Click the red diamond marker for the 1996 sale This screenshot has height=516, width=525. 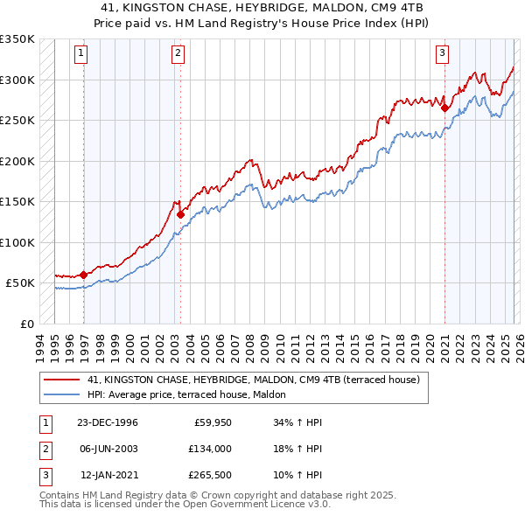pos(84,275)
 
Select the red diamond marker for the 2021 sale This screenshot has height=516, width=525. pos(444,108)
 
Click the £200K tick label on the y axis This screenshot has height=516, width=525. pos(17,161)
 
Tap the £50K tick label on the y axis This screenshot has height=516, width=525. pos(21,283)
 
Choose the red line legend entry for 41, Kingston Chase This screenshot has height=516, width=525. pos(254,380)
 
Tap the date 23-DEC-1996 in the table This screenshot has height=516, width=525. pos(107,422)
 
